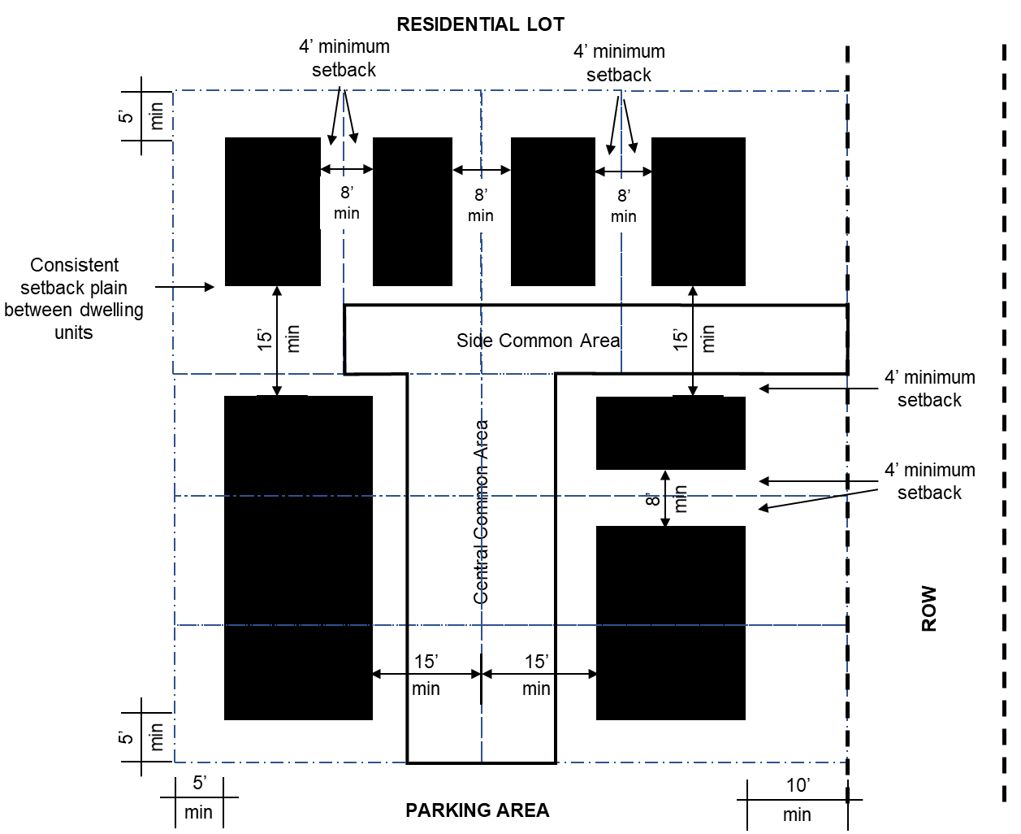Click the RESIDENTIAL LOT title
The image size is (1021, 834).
tap(480, 24)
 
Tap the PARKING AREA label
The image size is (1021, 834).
tap(478, 810)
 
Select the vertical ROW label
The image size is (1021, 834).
tap(929, 608)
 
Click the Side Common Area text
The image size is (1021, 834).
tap(538, 341)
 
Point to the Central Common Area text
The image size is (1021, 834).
tap(481, 512)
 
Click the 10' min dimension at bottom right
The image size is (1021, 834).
tap(798, 800)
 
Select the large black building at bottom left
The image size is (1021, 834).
tap(298, 558)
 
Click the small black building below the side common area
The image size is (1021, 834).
tap(670, 433)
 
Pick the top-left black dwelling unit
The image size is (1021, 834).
tap(272, 211)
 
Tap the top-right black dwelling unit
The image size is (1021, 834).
tap(698, 211)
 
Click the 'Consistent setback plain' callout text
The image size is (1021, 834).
tap(74, 298)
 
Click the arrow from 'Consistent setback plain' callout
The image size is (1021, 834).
tap(184, 287)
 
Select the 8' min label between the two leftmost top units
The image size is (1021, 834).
tap(347, 202)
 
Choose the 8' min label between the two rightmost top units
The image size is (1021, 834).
tap(624, 206)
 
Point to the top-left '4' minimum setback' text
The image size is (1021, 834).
tap(344, 59)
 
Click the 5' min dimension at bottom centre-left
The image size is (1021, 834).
tap(199, 797)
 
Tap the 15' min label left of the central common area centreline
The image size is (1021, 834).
tap(426, 675)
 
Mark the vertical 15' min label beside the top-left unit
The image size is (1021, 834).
tap(279, 339)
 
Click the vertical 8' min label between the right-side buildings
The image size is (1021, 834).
tap(666, 498)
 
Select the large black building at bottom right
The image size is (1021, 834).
tap(670, 623)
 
